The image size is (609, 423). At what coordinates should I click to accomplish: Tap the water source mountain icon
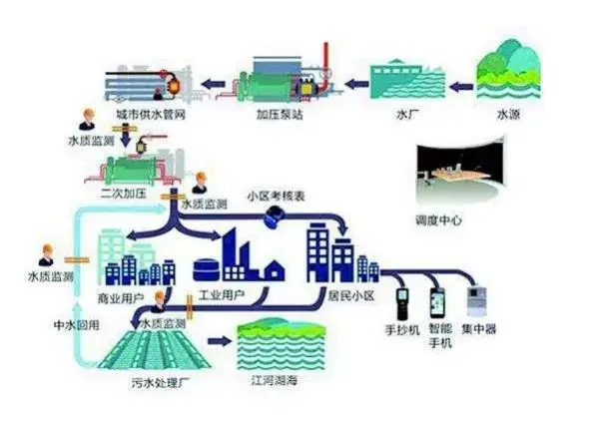click(x=508, y=65)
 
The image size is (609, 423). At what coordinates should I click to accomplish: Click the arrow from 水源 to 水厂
click(x=459, y=87)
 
